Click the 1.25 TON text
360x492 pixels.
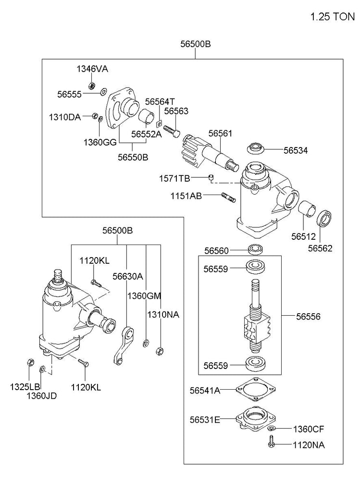pos(333,17)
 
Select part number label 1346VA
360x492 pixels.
pos(92,69)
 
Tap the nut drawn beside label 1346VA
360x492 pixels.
pos(92,85)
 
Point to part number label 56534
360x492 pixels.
pos(296,150)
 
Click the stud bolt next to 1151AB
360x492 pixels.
pos(228,198)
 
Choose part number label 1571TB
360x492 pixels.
pos(174,179)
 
